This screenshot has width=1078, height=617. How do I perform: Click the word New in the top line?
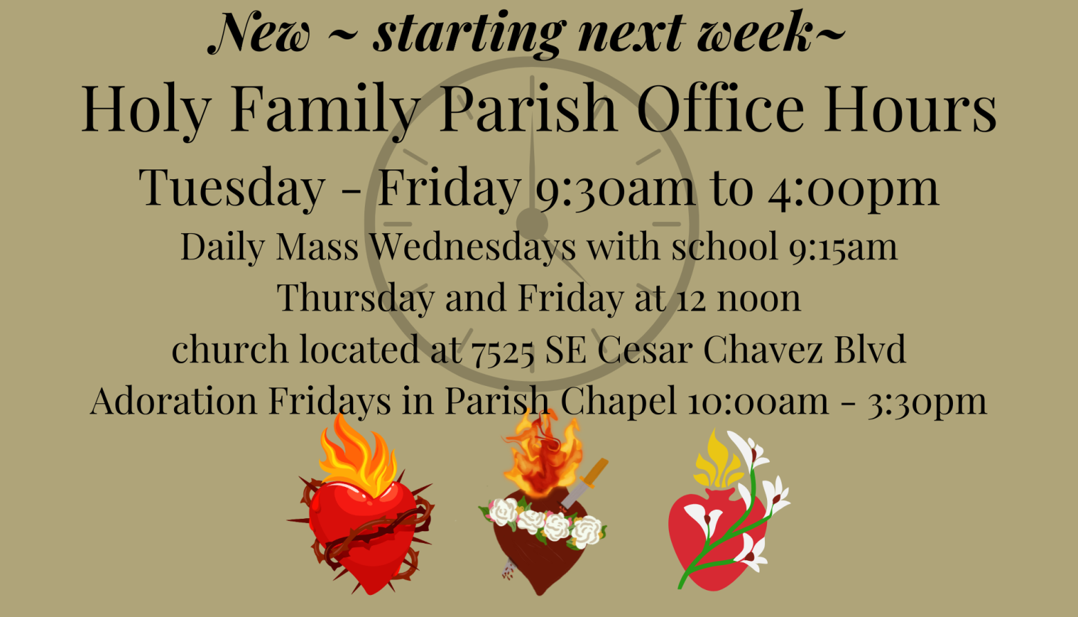click(x=259, y=33)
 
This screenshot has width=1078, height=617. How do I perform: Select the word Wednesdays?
click(x=473, y=247)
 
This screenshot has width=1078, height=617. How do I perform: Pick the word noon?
click(x=759, y=299)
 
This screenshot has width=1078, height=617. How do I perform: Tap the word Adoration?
click(x=173, y=400)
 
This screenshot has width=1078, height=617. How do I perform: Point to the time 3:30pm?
click(x=927, y=402)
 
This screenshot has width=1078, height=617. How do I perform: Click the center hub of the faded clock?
click(x=532, y=223)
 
